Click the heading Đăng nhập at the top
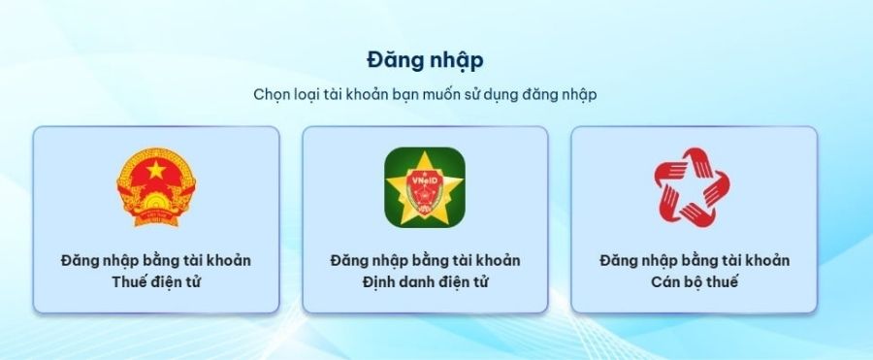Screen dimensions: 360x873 coord(425,59)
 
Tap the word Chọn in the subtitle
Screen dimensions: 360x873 coord(274,95)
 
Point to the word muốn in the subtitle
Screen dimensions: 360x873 coord(457,95)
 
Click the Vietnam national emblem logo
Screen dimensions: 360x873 coord(156,187)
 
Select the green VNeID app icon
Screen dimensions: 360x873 coord(425,187)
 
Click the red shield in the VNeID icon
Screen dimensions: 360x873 coord(425,197)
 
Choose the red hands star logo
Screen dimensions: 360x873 coord(694,186)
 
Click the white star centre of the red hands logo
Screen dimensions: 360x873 coord(694,187)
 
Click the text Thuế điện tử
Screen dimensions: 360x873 coord(156,282)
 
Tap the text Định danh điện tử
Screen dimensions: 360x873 coord(425,282)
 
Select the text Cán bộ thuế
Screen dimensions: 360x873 coord(694,282)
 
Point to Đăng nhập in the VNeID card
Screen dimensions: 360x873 coord(364,261)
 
